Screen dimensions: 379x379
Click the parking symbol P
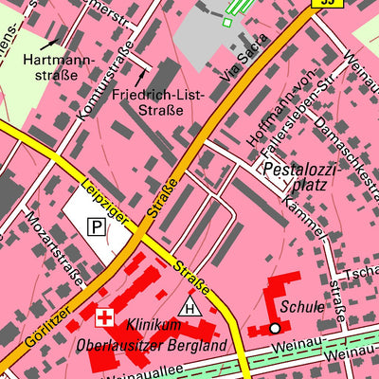[97, 226]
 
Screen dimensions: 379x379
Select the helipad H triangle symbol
[190, 306]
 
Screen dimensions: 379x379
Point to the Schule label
[301, 308]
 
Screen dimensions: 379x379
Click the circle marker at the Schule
[275, 328]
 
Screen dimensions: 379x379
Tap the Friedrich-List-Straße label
[147, 102]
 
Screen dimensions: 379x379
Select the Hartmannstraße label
[58, 67]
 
